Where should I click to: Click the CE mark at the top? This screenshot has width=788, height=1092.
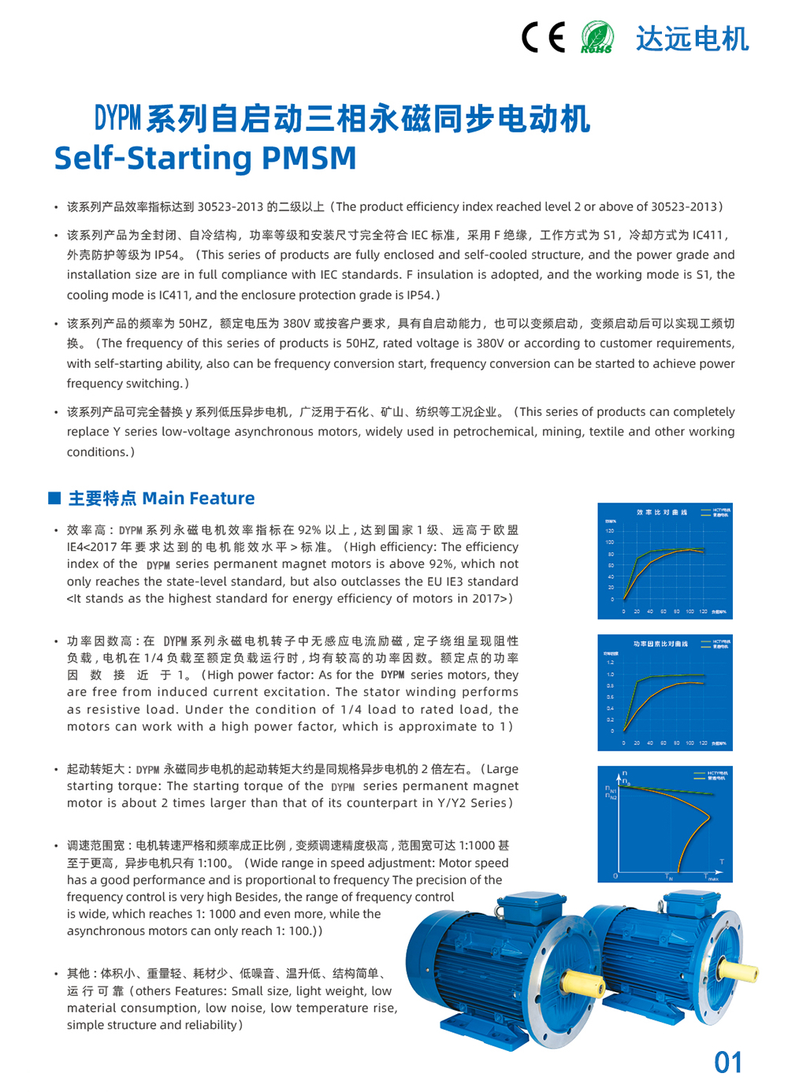tap(543, 37)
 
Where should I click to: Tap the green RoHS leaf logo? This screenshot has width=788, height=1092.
tap(597, 37)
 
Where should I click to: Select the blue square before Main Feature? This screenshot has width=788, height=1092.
tap(54, 498)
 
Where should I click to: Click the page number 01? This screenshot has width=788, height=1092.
tap(728, 1063)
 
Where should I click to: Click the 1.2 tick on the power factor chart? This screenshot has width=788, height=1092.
tap(610, 663)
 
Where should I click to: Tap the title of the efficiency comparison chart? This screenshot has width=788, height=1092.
tap(662, 512)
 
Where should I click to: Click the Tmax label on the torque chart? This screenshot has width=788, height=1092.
tap(711, 877)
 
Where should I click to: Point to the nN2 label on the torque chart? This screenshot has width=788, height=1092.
tap(611, 797)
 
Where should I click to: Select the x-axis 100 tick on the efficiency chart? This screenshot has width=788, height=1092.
tap(689, 611)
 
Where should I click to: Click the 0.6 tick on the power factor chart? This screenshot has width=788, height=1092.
tap(610, 697)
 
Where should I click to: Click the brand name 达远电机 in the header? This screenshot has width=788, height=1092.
tap(692, 39)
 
